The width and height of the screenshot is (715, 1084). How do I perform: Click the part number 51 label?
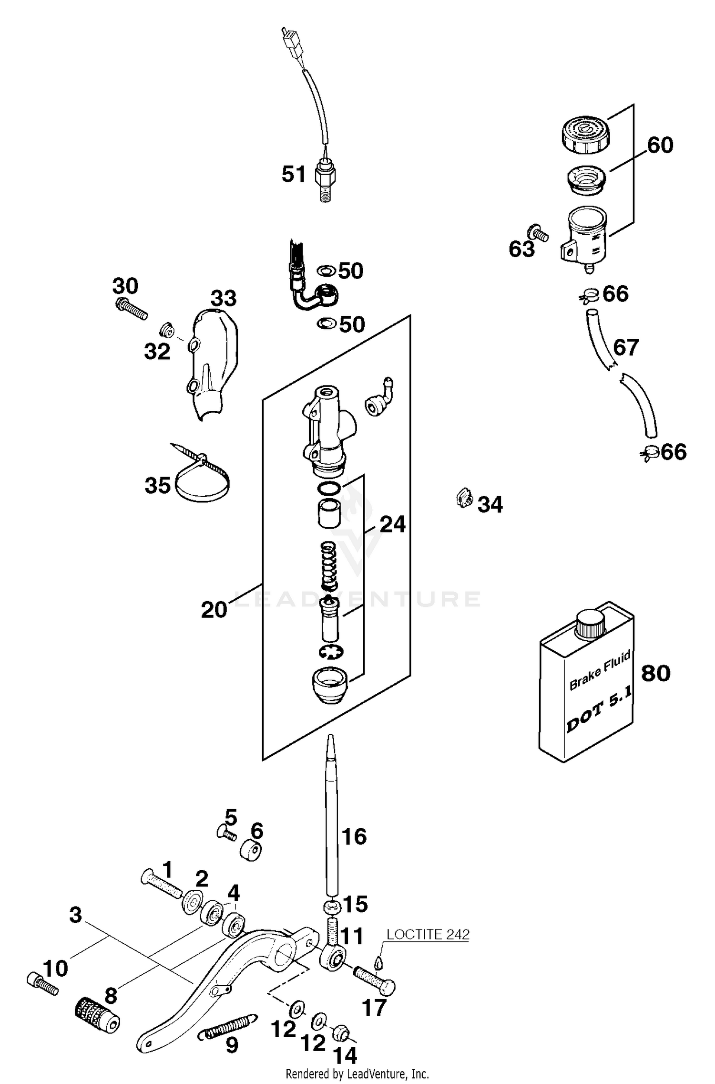(294, 174)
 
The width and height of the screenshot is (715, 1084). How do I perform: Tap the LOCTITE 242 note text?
(428, 934)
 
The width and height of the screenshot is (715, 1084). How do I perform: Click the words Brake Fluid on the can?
(600, 669)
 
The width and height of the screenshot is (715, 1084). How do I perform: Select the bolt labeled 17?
(374, 981)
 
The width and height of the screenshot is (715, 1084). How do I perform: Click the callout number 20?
(214, 610)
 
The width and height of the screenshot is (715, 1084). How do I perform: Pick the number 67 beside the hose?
(626, 347)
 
